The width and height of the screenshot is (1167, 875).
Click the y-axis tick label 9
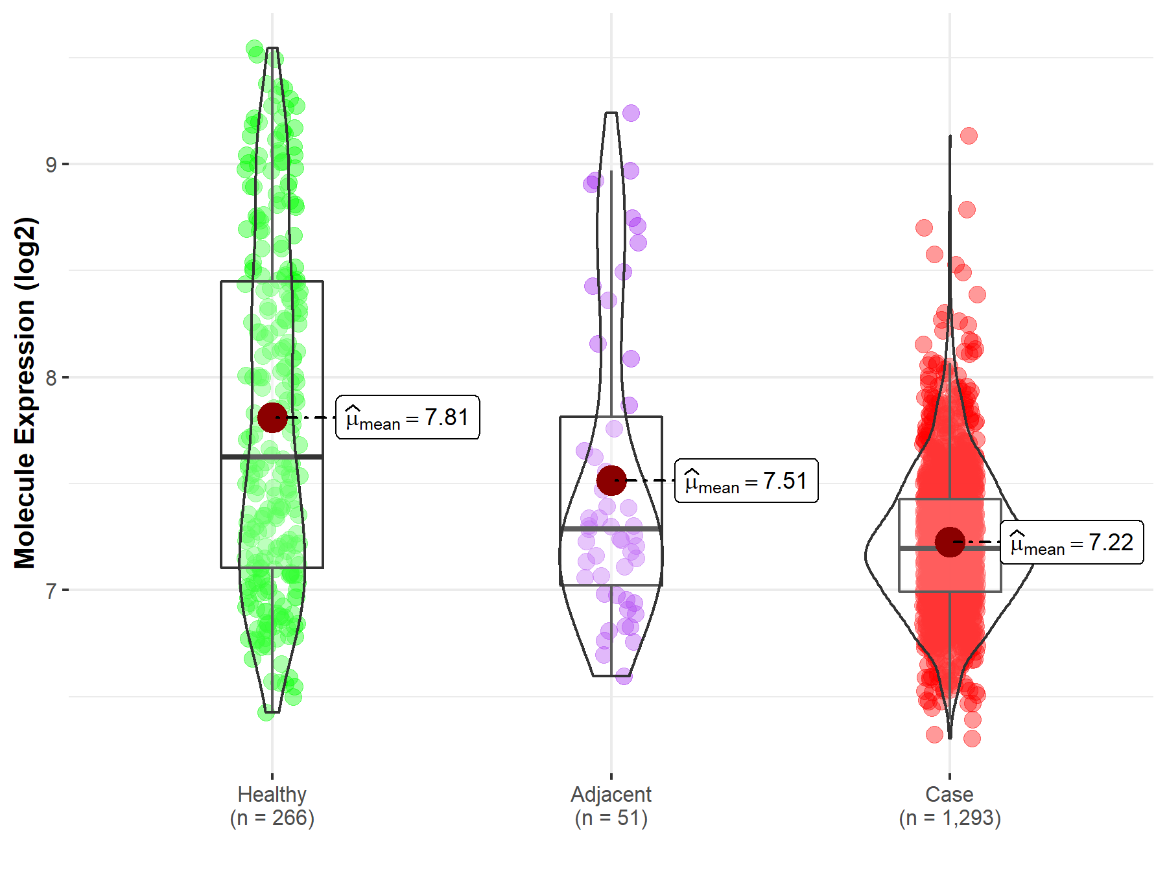tap(51, 165)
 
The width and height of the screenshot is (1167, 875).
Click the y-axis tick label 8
tap(51, 378)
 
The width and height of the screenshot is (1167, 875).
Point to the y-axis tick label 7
tap(51, 591)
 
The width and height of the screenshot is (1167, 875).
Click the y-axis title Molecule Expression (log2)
tap(25, 393)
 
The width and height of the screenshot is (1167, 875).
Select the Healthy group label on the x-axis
tap(272, 795)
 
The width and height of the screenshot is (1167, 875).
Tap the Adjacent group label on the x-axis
tap(611, 795)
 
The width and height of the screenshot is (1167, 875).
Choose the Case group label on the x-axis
tap(949, 795)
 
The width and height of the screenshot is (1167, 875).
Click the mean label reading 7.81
tap(408, 417)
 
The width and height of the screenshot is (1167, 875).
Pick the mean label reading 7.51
tap(746, 481)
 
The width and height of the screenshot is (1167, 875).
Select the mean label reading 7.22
tap(1072, 542)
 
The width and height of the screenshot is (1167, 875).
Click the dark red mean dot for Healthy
tap(272, 417)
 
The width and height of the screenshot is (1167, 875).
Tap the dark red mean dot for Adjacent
tap(611, 480)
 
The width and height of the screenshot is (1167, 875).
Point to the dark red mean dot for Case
tap(950, 542)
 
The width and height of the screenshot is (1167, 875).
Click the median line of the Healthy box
tap(272, 457)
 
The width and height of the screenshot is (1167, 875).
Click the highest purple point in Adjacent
tap(631, 113)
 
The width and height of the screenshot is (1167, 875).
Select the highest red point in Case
tap(969, 135)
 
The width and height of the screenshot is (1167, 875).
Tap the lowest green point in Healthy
tap(266, 713)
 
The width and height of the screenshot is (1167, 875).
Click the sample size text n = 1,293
tap(950, 819)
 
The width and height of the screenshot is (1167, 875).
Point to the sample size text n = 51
tap(611, 819)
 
